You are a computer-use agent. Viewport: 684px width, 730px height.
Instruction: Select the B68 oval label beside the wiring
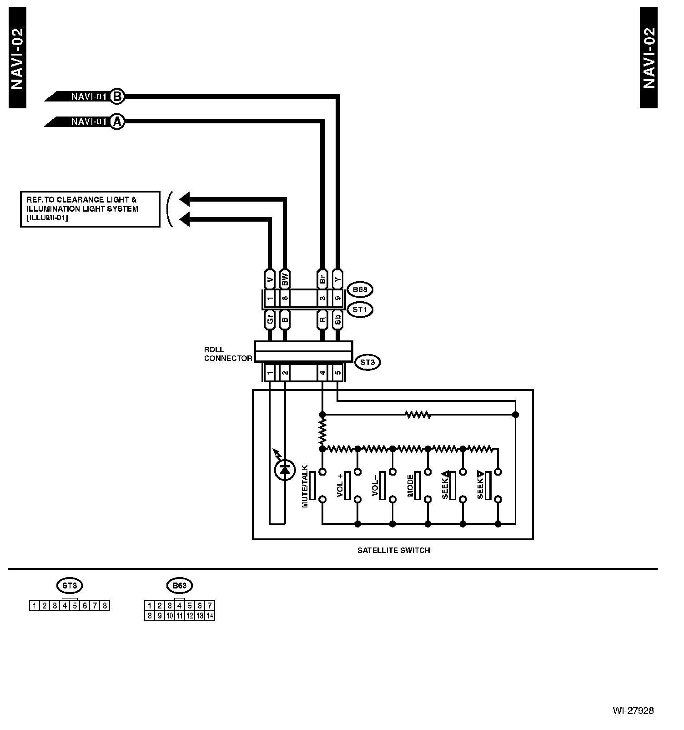click(x=360, y=289)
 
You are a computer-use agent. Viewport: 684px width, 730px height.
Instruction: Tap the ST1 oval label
click(x=360, y=309)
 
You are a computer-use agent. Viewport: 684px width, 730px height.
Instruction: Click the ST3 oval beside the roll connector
click(x=367, y=362)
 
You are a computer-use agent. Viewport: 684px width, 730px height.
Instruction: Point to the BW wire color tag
click(x=285, y=278)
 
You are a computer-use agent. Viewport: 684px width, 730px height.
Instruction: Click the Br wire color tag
click(x=322, y=278)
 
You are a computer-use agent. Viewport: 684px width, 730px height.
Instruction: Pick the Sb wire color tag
click(x=337, y=320)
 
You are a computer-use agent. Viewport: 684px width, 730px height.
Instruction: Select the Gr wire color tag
click(x=270, y=320)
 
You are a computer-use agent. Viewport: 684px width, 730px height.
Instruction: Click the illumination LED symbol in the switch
click(x=285, y=470)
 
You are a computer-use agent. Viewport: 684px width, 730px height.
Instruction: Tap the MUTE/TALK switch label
click(x=305, y=486)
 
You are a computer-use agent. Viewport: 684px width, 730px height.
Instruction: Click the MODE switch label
click(x=410, y=486)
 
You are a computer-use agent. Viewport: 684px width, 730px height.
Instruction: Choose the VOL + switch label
click(x=340, y=486)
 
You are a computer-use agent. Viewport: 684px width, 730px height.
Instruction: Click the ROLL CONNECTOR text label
click(x=227, y=354)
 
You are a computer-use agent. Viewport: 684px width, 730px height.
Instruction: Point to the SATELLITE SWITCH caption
click(x=393, y=550)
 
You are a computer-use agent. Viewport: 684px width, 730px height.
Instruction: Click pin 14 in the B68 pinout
click(x=210, y=616)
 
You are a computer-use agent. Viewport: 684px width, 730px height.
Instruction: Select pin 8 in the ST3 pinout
click(x=105, y=606)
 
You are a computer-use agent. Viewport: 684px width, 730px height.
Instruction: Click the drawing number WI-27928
click(x=633, y=710)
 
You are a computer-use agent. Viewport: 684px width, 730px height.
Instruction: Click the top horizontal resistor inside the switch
click(x=417, y=415)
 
